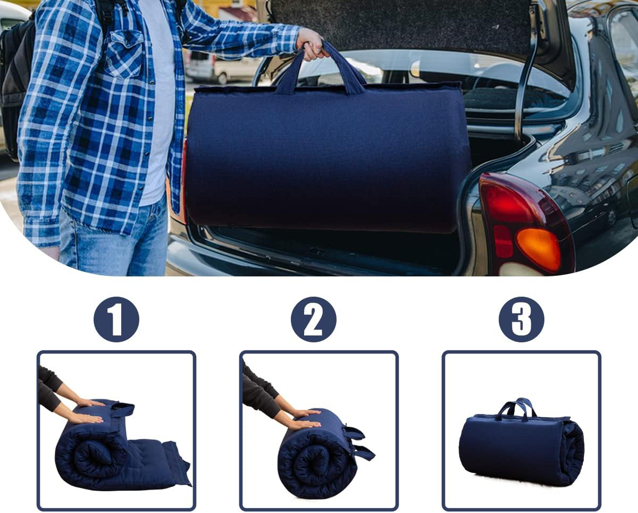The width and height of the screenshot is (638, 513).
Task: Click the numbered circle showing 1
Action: pos(116,319)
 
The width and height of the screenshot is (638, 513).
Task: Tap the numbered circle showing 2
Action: pos(314,319)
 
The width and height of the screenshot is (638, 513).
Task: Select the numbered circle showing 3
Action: pos(521,319)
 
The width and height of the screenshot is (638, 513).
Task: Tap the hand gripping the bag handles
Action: pos(312,45)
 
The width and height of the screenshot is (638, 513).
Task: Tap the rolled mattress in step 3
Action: pos(521,448)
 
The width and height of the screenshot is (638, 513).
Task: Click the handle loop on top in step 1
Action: pos(122,409)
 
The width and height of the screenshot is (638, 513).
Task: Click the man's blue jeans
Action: pos(114,237)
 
